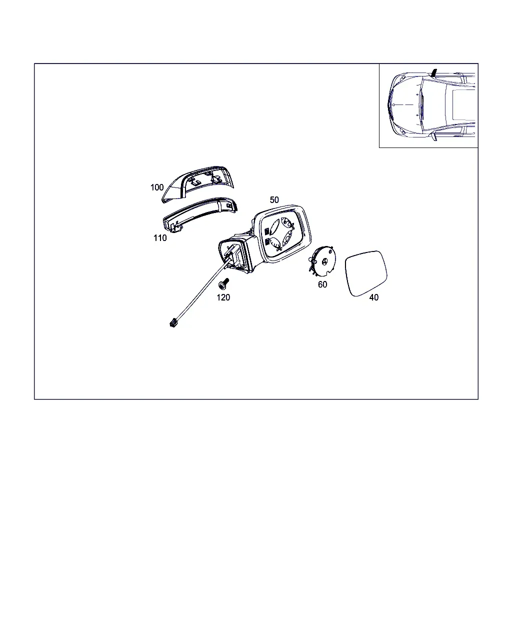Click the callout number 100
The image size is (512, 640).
[157, 187]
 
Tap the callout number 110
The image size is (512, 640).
[160, 238]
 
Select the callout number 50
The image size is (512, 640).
[274, 200]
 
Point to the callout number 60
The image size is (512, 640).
[322, 284]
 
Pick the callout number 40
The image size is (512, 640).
[374, 297]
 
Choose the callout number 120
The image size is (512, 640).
[223, 297]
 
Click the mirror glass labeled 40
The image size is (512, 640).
[366, 273]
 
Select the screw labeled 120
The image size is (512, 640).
[223, 283]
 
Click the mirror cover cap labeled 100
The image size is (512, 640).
[198, 184]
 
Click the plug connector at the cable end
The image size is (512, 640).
[172, 322]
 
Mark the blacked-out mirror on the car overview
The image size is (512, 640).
[434, 72]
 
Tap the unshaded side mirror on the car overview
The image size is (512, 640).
[434, 136]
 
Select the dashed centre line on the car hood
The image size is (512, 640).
[403, 104]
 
